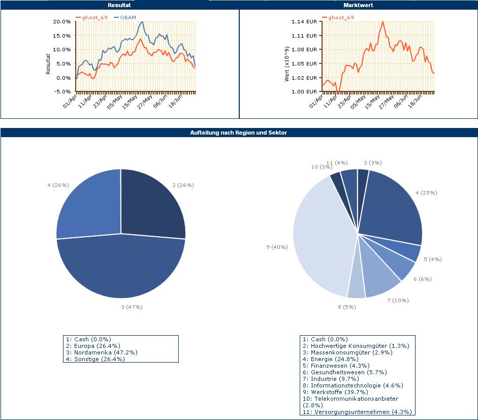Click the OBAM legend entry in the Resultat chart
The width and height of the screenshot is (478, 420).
128,17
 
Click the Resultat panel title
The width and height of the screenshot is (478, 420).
119,5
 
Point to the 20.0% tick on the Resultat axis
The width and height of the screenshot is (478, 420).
61,22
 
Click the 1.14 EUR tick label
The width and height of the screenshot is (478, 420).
304,22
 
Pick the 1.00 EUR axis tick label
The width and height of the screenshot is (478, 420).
304,92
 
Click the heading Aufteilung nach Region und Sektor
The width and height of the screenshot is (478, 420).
238,133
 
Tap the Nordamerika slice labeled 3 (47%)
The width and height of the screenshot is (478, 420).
122,269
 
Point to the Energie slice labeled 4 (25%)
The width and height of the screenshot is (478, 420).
394,208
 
